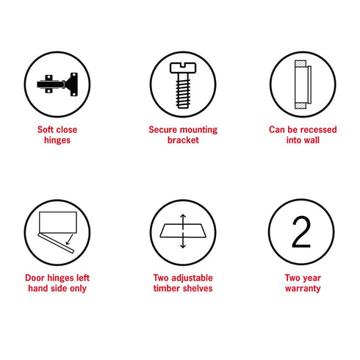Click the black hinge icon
pyautogui.click(x=58, y=84)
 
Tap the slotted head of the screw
pyautogui.click(x=183, y=68)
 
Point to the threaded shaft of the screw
pyautogui.click(x=183, y=91)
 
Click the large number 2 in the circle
pyautogui.click(x=301, y=231)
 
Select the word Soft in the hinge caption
pyautogui.click(x=46, y=129)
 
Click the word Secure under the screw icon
pyautogui.click(x=162, y=129)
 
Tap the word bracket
pyautogui.click(x=183, y=140)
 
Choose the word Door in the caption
pyautogui.click(x=35, y=278)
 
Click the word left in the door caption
pyautogui.click(x=83, y=278)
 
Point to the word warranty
pyautogui.click(x=303, y=289)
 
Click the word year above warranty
pyautogui.click(x=312, y=278)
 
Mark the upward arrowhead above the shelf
pyautogui.click(x=183, y=216)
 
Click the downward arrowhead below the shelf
pyautogui.click(x=183, y=246)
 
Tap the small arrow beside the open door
pyautogui.click(x=70, y=240)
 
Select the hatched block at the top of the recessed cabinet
pyautogui.click(x=300, y=64)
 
